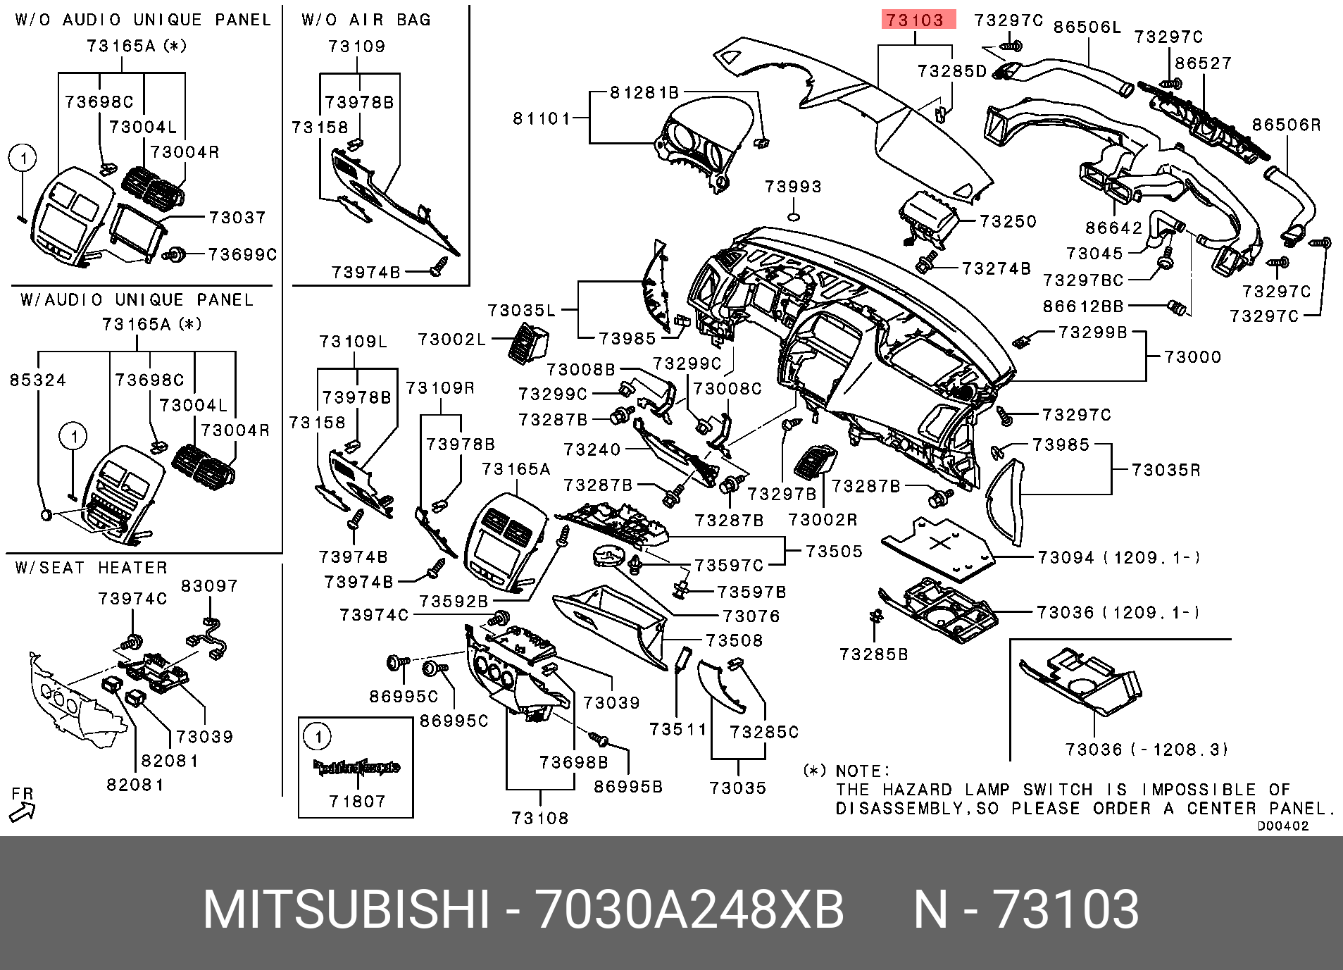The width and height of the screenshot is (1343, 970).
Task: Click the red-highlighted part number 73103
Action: [918, 20]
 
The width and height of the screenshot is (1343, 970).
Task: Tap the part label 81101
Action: [541, 118]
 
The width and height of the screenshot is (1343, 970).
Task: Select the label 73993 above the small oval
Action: [793, 187]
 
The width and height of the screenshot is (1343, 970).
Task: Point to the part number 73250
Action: [1008, 222]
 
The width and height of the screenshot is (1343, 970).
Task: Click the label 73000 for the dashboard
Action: [1192, 357]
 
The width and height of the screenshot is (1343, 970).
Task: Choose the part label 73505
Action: [834, 552]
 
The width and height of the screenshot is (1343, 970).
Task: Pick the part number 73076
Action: [751, 616]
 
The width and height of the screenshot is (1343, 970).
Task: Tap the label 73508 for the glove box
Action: [735, 640]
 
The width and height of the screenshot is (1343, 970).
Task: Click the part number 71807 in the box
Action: [357, 802]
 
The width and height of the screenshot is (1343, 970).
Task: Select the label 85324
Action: [38, 380]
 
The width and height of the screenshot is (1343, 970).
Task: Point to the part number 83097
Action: [209, 586]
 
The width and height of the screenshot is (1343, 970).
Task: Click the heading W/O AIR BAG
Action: [366, 20]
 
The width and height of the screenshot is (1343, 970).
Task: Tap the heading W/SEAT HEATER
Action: [92, 568]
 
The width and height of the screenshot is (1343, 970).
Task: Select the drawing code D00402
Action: [1282, 826]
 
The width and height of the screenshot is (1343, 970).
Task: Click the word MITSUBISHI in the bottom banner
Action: [346, 909]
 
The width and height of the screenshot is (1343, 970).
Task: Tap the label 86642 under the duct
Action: [1113, 228]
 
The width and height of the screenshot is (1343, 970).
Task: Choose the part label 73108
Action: [539, 818]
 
